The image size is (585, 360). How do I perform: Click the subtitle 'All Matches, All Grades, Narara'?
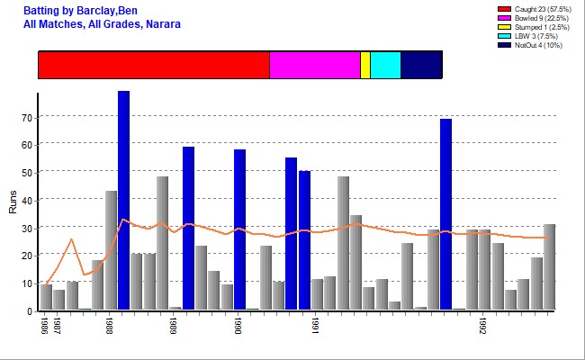point(102,23)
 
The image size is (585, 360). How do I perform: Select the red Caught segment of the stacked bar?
point(154,65)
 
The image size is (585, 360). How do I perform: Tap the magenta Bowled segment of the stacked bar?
point(315,65)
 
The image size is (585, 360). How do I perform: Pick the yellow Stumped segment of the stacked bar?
point(365,65)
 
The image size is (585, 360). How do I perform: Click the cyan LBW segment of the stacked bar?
point(385,65)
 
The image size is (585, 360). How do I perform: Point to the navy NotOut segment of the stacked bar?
point(421,65)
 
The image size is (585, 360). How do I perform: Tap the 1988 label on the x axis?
point(109,325)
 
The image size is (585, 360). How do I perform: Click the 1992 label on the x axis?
point(483,325)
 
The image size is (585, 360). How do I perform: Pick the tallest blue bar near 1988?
point(123,200)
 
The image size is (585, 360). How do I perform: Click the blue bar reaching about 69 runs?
point(445,214)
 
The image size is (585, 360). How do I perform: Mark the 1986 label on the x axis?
point(43,325)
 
